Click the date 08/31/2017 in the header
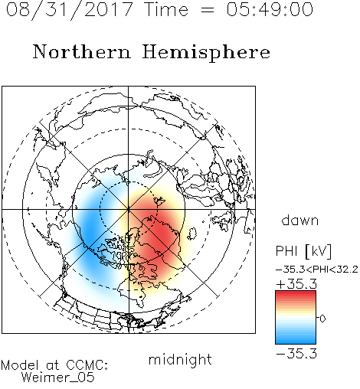(69, 10)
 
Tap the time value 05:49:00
(270, 9)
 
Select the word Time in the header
(166, 9)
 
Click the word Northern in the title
(82, 51)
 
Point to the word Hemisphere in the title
(206, 53)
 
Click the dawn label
(300, 221)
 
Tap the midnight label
(180, 359)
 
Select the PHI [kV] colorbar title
(303, 251)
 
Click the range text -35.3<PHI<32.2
(317, 270)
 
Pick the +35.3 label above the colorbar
(296, 284)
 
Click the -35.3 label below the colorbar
(296, 354)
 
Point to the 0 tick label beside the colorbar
(322, 319)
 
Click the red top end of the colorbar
(296, 293)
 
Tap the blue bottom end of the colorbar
(296, 342)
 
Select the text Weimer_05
(58, 378)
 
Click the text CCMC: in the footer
(87, 365)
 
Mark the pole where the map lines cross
(129, 209)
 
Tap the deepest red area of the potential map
(162, 233)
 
